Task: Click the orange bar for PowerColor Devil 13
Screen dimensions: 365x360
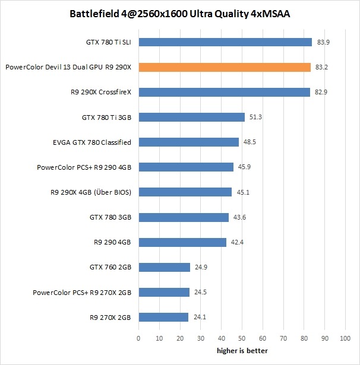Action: pos(225,67)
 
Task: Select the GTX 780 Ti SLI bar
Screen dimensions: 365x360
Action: pos(225,42)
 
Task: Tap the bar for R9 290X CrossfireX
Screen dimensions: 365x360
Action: pos(224,92)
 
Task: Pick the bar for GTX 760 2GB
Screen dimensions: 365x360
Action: pos(164,267)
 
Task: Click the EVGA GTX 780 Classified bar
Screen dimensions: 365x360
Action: pos(188,142)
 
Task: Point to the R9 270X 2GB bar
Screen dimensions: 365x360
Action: pos(163,317)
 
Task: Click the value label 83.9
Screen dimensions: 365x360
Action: pos(322,42)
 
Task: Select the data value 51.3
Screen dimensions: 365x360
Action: pos(255,118)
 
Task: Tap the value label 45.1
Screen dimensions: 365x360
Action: pos(242,192)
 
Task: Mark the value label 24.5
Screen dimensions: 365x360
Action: pos(200,292)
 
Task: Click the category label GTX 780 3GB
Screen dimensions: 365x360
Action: pos(110,217)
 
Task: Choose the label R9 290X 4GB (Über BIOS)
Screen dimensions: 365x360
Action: pos(91,192)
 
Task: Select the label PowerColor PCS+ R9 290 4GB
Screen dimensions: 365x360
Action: pos(84,167)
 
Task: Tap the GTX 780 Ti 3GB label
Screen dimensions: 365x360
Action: pos(106,118)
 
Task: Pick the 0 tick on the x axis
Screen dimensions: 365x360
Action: pos(138,339)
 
